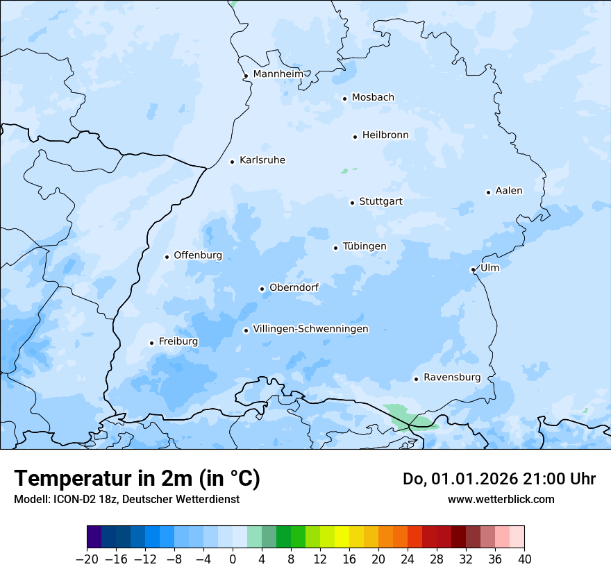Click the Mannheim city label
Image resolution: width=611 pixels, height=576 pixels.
coord(278,74)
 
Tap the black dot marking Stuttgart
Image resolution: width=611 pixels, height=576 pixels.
coord(352,203)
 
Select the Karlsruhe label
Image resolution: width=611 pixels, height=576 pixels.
coord(262,160)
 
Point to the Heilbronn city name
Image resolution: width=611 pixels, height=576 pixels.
coord(385,135)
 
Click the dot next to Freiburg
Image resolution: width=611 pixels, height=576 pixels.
coord(151,343)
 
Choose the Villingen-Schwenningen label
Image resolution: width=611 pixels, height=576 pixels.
coord(310,329)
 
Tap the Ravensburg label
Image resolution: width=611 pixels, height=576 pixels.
coord(452,378)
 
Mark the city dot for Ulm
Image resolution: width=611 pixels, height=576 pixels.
coord(473,269)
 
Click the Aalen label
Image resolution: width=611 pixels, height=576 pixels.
coord(509,191)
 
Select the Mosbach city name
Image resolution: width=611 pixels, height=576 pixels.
coord(373,97)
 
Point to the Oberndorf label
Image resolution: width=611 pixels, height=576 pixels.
coord(294,287)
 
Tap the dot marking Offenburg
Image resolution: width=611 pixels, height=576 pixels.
coord(167,257)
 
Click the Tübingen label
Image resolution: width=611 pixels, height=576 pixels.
coord(365,246)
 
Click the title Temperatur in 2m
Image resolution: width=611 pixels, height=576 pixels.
coord(137,478)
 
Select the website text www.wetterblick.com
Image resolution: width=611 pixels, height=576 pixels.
coord(501,499)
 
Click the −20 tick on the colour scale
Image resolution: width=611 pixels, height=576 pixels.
coord(87,559)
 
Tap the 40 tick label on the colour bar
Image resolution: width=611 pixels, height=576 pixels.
coord(524,559)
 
